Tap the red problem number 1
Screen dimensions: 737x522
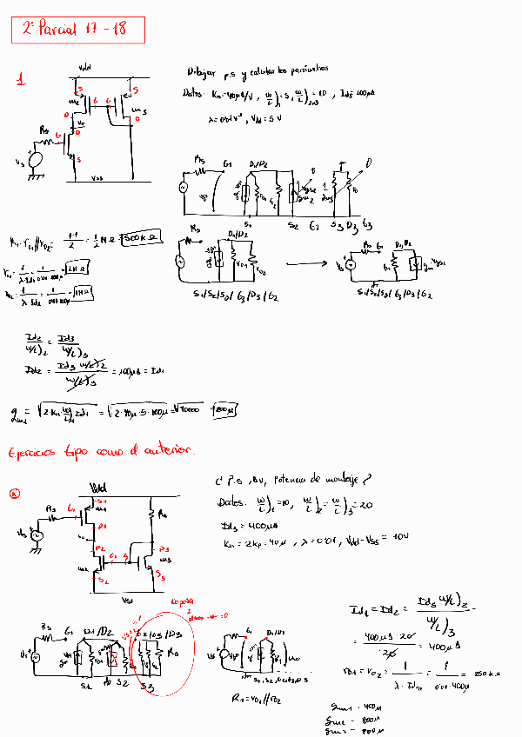(22, 81)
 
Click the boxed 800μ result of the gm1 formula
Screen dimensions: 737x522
(224, 409)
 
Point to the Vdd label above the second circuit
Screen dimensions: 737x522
(98, 487)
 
